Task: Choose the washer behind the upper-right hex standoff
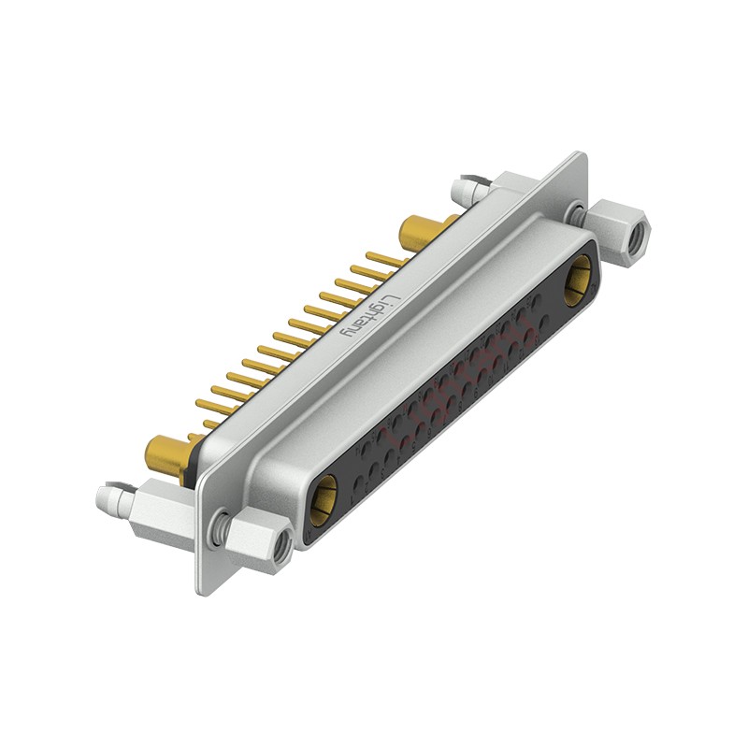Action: (x=581, y=214)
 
